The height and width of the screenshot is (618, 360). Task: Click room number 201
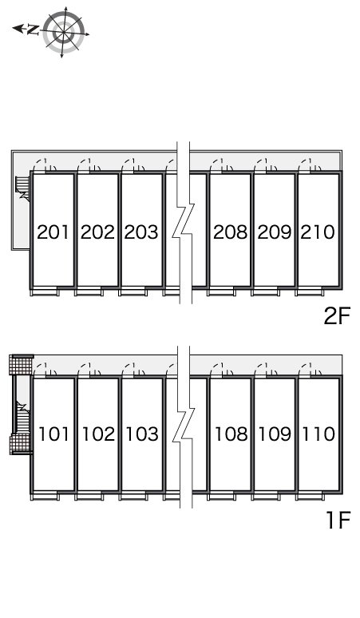pyautogui.click(x=53, y=232)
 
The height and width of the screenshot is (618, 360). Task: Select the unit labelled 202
pyautogui.click(x=97, y=232)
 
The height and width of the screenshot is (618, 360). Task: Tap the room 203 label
pyautogui.click(x=141, y=232)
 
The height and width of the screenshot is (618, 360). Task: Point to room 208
pyautogui.click(x=230, y=232)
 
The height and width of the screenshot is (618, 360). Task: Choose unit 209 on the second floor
pyautogui.click(x=274, y=232)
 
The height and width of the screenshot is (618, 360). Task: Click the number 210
pyautogui.click(x=318, y=232)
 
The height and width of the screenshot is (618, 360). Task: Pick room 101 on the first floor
pyautogui.click(x=53, y=434)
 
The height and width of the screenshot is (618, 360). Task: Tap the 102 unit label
pyautogui.click(x=97, y=434)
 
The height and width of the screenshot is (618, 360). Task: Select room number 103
pyautogui.click(x=141, y=434)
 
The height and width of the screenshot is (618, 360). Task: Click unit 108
pyautogui.click(x=230, y=434)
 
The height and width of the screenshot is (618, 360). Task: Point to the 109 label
pyautogui.click(x=274, y=434)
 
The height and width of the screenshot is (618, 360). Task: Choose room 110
pyautogui.click(x=318, y=434)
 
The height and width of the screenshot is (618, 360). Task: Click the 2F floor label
pyautogui.click(x=337, y=317)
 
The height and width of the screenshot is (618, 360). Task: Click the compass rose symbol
pyautogui.click(x=65, y=32)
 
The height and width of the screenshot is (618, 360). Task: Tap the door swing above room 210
pyautogui.click(x=309, y=165)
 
